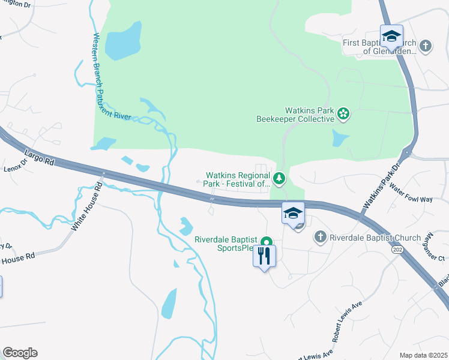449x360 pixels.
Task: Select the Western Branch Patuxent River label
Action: [111, 78]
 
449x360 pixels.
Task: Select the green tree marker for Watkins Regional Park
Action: [279, 178]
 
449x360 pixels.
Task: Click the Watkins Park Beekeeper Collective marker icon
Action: [343, 113]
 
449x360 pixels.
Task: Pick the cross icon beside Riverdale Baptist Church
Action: [320, 238]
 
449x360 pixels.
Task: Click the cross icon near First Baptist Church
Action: [426, 46]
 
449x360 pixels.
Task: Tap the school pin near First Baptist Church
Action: [391, 35]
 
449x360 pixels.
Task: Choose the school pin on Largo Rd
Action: [293, 213]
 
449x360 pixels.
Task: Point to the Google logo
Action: [20, 353]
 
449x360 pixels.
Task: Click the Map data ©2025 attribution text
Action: [423, 355]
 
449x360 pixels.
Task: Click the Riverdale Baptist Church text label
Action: [375, 238]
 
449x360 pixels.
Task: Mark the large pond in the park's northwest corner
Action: [122, 41]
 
